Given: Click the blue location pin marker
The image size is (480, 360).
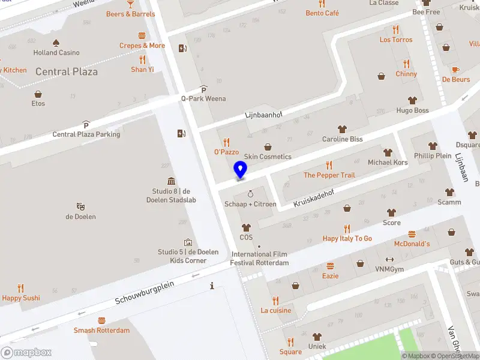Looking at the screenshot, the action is click(241, 169).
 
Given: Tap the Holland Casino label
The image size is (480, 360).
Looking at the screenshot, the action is click(56, 53).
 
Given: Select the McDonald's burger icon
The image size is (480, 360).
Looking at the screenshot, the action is click(412, 234).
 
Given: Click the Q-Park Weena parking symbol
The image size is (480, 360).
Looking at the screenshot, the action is click(203, 89).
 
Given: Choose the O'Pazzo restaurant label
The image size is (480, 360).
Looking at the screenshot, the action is click(226, 152).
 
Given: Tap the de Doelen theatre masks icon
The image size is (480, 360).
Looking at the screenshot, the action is click(80, 206).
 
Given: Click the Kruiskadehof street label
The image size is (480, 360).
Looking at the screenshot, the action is click(313, 197).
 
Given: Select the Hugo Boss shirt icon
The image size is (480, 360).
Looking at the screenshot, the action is click(412, 100).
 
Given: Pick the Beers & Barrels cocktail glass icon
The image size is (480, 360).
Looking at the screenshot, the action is click(130, 4).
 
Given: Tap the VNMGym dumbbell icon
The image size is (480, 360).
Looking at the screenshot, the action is click(389, 259).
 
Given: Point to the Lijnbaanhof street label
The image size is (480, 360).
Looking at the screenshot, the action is click(263, 114).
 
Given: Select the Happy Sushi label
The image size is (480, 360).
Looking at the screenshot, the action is click(21, 298).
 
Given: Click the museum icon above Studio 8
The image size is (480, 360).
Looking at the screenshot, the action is click(172, 181).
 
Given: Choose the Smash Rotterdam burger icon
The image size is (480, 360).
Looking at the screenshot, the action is click(101, 320).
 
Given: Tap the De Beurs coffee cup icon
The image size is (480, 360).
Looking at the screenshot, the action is click(455, 70).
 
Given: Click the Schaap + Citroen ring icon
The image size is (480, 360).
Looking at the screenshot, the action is click(250, 194).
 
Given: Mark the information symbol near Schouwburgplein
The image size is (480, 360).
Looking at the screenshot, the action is click(212, 286).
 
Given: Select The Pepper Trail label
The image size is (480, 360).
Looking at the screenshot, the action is click(329, 175).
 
